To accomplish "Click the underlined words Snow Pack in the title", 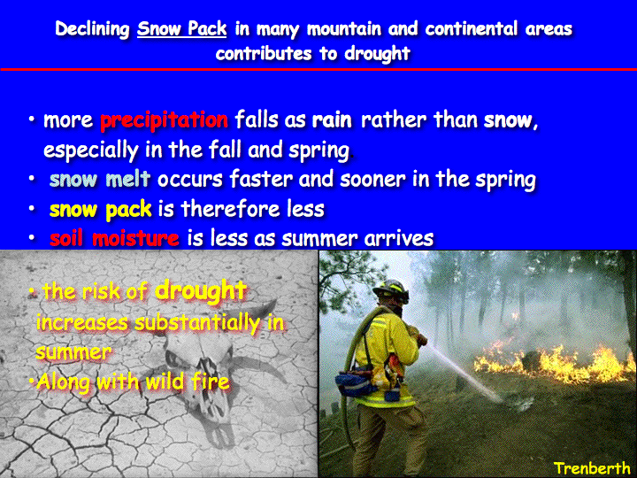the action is tap(181, 28).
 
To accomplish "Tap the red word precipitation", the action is tap(165, 120).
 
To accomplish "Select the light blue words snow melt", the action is tap(100, 179).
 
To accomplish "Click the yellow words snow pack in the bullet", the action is tap(100, 210).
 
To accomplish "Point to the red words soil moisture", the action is tap(114, 238).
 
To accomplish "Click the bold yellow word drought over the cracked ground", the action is tap(201, 290).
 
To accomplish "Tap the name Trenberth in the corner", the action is tap(592, 468).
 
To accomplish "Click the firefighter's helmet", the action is tap(391, 290).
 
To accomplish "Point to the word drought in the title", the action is tap(377, 54).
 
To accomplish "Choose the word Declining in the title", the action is tap(93, 29).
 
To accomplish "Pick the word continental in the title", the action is tap(472, 29).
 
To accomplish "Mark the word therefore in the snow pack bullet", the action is tap(230, 209).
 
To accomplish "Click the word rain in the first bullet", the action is tap(332, 120).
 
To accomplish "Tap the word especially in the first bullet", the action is tap(91, 150).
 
